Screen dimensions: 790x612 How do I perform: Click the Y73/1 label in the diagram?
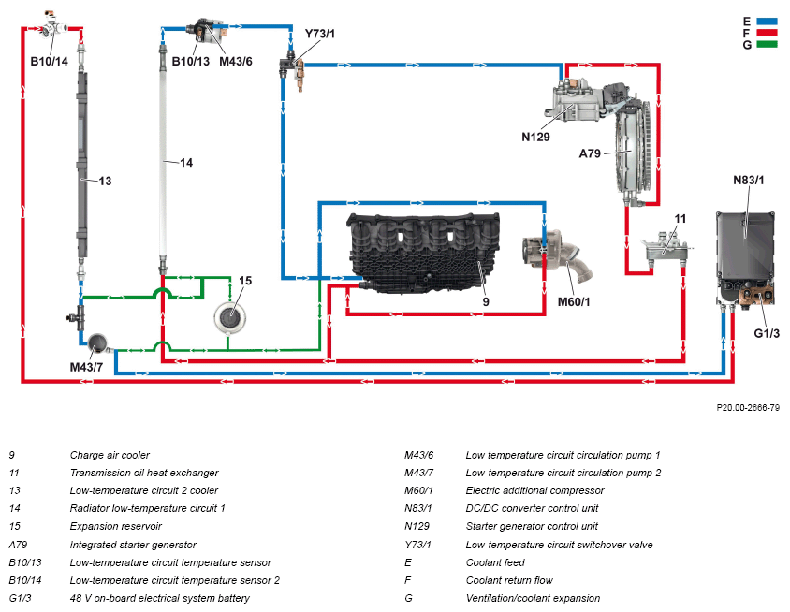click(x=319, y=34)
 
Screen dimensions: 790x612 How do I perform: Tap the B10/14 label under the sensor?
click(x=49, y=62)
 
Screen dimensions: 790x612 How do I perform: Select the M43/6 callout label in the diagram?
click(x=236, y=62)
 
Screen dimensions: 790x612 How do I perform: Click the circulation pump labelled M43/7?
click(x=97, y=343)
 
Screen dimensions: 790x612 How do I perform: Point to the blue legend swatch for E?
click(x=767, y=22)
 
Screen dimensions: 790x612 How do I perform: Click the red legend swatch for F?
click(x=767, y=34)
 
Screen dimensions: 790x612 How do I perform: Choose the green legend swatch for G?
click(x=767, y=44)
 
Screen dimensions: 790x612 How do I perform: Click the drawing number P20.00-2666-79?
click(x=748, y=407)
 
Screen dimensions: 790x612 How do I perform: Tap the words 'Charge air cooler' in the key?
click(x=110, y=455)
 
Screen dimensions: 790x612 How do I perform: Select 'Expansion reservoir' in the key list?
click(x=116, y=526)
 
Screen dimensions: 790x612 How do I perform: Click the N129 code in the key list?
click(x=417, y=526)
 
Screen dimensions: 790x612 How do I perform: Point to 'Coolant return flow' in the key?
click(x=509, y=580)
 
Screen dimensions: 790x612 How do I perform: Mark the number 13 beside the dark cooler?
click(x=105, y=182)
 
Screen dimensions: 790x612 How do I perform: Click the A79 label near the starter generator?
click(x=590, y=153)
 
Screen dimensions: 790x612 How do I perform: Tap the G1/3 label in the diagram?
click(x=767, y=333)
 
